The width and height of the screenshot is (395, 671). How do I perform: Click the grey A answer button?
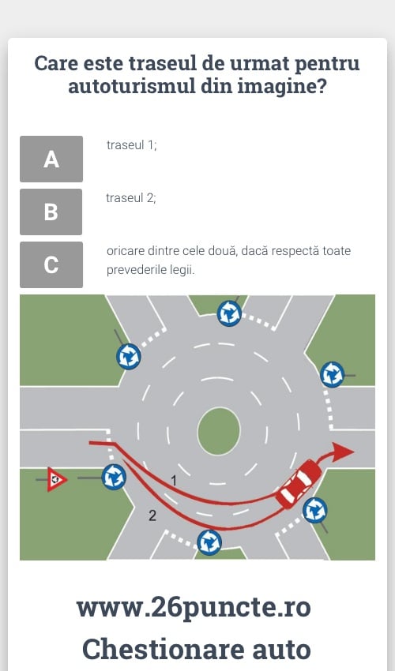[x=51, y=159]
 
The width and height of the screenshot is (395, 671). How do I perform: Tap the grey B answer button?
[x=51, y=212]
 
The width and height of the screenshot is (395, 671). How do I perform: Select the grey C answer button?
[x=51, y=264]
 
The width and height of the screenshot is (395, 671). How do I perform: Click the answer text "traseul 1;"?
[x=132, y=145]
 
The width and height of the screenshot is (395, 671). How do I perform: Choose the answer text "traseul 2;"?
[x=131, y=197]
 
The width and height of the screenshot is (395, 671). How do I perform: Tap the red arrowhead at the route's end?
[x=343, y=452]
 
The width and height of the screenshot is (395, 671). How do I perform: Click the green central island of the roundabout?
[x=219, y=431]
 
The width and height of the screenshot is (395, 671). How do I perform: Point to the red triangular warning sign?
[x=56, y=479]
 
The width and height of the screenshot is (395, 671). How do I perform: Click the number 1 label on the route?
[x=174, y=481]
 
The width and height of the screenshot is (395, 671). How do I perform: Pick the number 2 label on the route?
[x=152, y=515]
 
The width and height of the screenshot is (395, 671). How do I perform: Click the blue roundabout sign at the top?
[x=229, y=313]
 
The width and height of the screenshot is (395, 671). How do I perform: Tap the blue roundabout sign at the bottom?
[x=209, y=542]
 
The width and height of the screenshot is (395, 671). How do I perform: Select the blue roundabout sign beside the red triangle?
[x=114, y=477]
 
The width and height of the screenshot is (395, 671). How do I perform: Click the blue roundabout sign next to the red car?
[x=315, y=510]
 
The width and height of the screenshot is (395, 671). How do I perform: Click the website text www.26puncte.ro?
[x=194, y=607]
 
